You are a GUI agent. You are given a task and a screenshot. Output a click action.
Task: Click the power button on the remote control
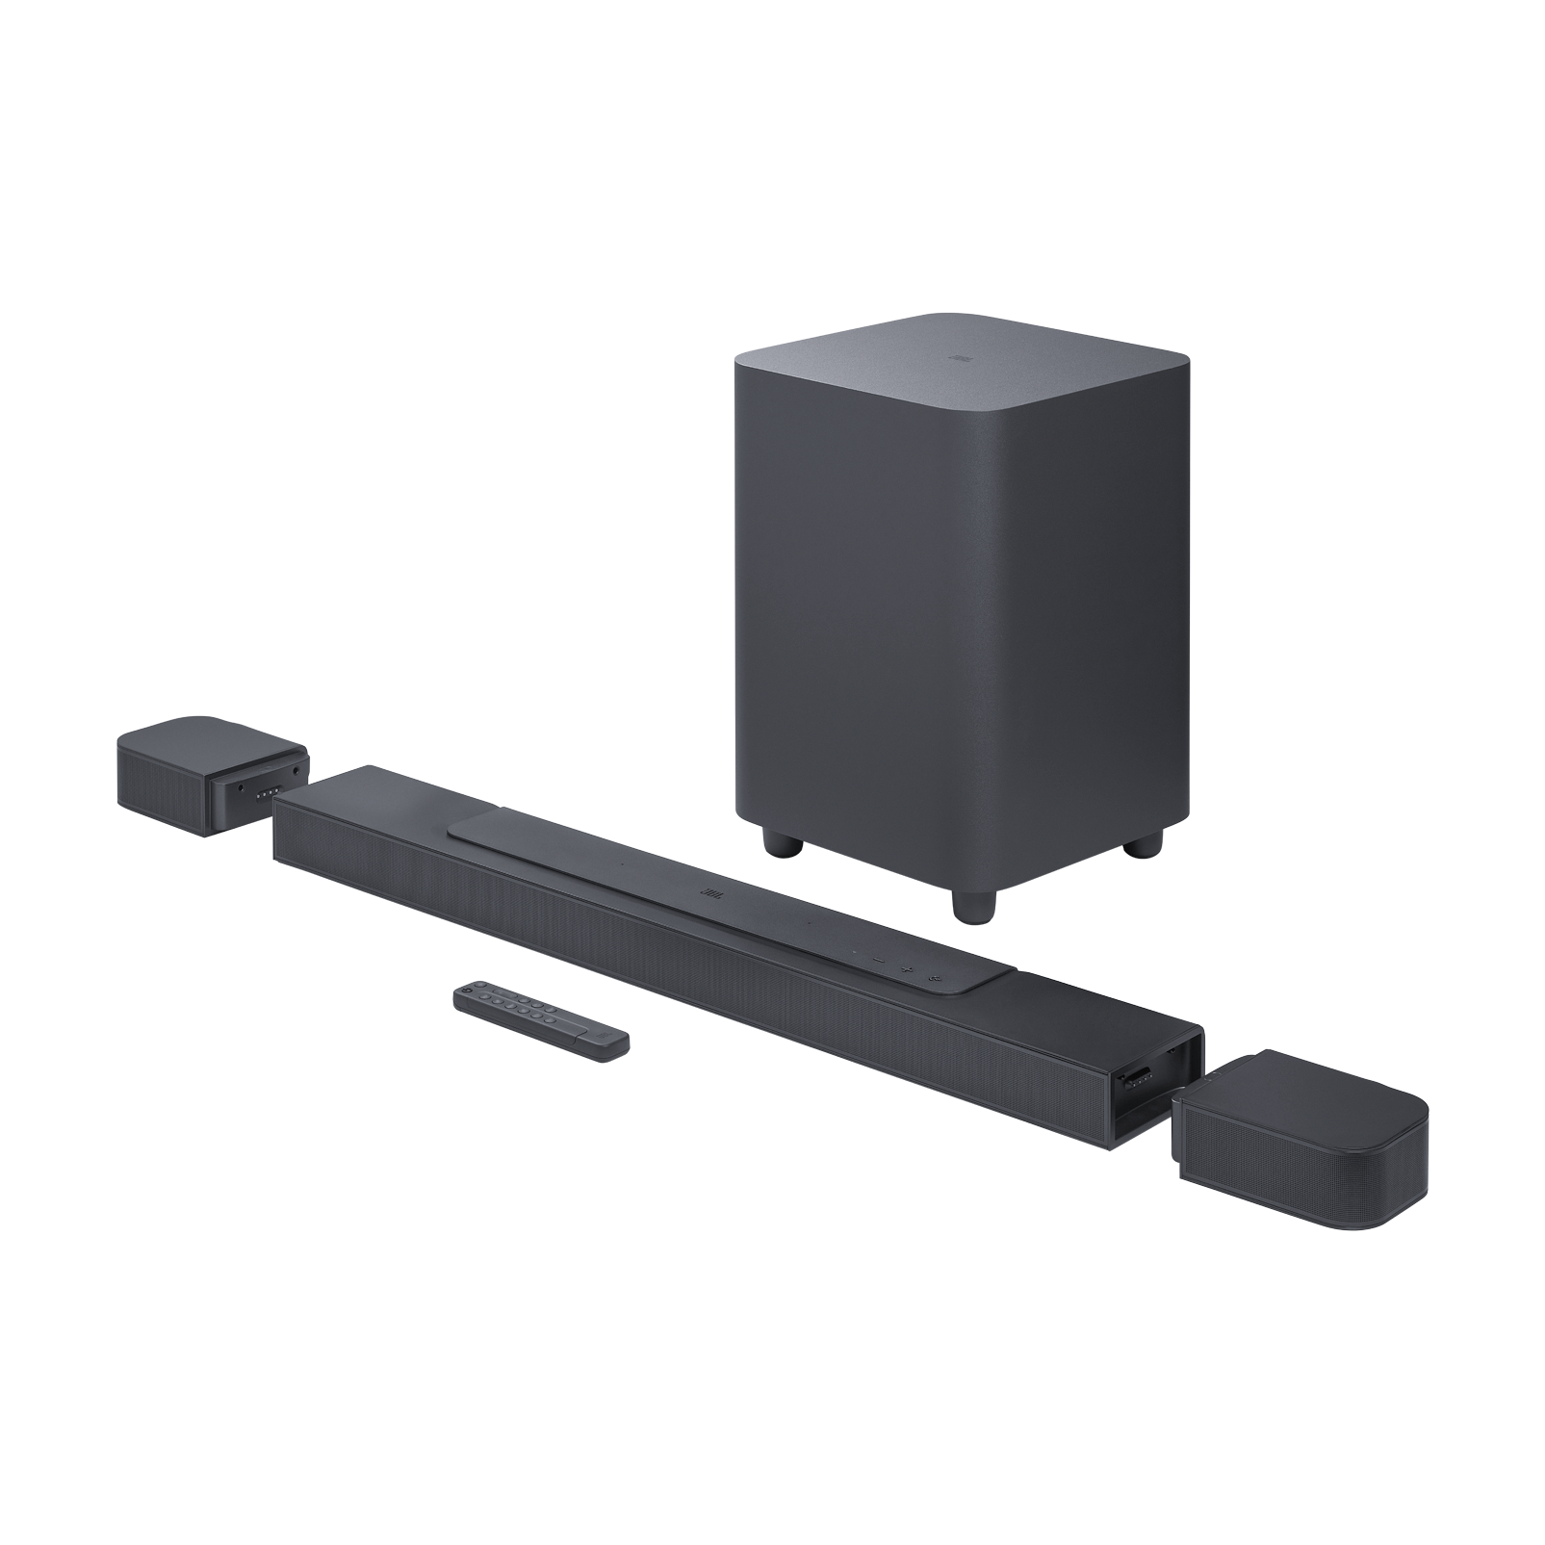tap(469, 988)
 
